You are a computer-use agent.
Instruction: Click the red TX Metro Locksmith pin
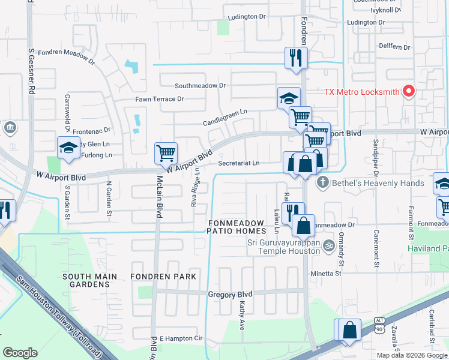click(409, 91)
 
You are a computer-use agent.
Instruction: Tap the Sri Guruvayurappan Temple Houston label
click(283, 247)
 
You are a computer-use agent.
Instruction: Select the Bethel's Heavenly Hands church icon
click(322, 182)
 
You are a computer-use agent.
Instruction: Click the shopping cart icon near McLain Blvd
click(165, 152)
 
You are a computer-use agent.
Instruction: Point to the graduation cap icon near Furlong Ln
click(68, 148)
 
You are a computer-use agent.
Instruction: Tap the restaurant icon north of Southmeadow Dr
click(295, 58)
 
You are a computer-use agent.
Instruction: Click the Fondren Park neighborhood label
click(164, 277)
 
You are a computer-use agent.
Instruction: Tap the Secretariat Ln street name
click(239, 163)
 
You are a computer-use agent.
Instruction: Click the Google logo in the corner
click(20, 352)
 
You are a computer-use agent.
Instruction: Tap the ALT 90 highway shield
click(379, 325)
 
